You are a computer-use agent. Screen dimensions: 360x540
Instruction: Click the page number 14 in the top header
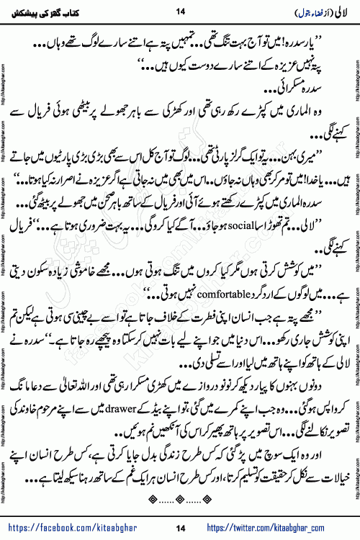point(180,11)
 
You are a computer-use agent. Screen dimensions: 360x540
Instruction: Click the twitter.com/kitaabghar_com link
point(287,529)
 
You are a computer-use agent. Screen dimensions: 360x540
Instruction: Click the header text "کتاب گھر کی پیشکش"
point(48,11)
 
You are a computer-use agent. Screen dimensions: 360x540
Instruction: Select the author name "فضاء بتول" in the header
point(301,12)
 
